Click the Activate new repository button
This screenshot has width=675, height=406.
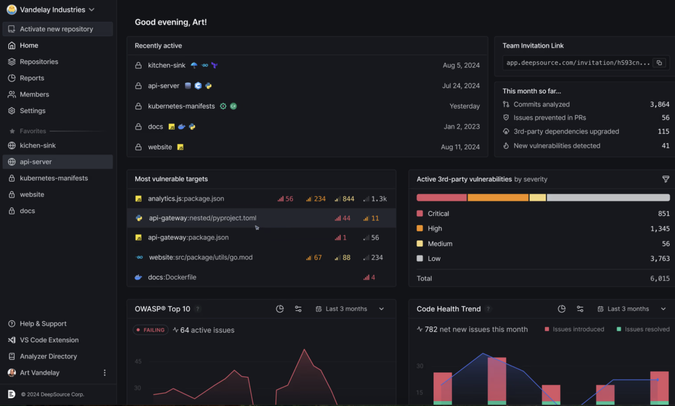tap(57, 29)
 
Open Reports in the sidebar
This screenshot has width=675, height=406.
tap(31, 78)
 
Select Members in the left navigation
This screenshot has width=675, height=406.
tap(34, 94)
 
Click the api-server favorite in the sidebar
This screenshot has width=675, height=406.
tap(36, 162)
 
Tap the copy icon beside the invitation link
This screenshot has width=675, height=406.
tap(659, 63)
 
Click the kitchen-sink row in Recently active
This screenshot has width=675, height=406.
tap(166, 66)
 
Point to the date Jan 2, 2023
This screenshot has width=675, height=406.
tap(462, 127)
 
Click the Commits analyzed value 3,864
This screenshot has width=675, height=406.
tap(659, 104)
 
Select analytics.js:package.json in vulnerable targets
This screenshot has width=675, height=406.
tap(186, 199)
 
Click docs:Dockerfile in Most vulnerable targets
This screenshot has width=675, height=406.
tap(172, 277)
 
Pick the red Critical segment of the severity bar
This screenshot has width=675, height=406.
tap(441, 198)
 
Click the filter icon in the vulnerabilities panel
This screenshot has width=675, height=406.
tap(665, 179)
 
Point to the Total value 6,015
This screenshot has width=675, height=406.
tap(659, 278)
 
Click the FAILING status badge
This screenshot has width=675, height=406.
tap(151, 330)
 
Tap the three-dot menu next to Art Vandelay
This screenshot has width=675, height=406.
tap(104, 373)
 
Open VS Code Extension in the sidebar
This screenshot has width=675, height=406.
tap(49, 340)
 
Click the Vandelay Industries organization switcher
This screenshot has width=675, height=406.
tap(51, 10)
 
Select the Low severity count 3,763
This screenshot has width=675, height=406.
tap(659, 258)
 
